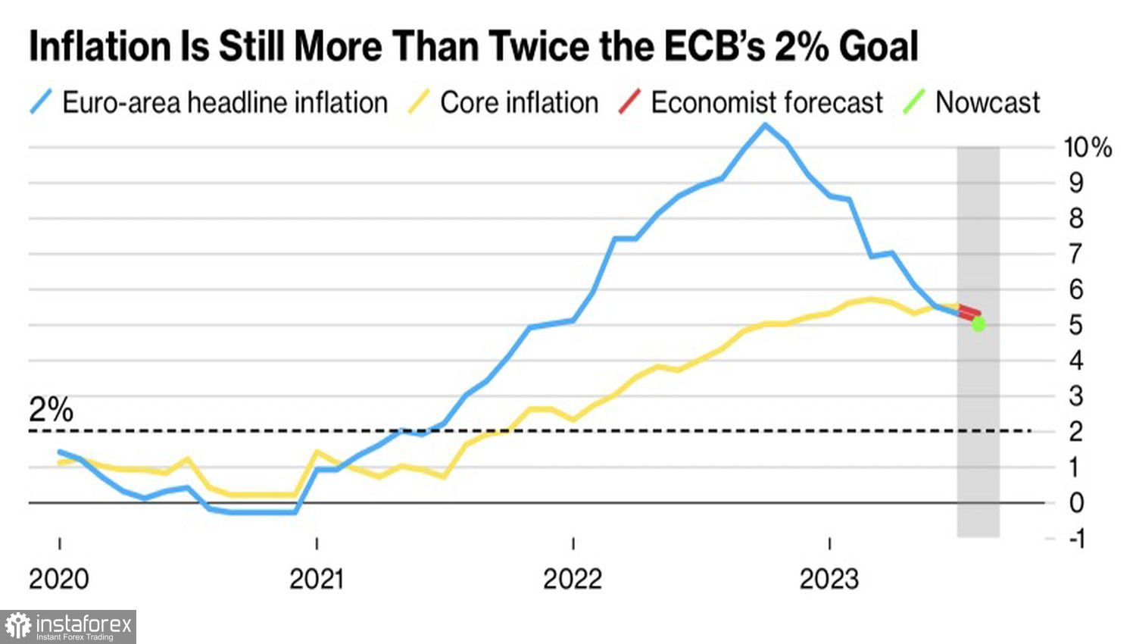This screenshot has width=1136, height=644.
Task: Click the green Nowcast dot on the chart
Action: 978,324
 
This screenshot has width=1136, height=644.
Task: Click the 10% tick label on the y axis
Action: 1088,147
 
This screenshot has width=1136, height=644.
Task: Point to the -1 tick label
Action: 1075,539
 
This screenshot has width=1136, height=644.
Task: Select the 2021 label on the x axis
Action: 317,580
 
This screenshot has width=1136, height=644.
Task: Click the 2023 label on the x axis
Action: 829,580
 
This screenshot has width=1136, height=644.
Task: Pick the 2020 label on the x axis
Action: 59,580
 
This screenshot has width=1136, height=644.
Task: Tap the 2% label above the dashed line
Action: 51,410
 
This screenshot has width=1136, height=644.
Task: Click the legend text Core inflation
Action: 519,103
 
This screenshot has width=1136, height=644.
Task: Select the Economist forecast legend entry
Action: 766,103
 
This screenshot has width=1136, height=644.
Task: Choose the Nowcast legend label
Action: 988,103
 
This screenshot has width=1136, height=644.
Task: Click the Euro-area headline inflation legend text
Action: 225,103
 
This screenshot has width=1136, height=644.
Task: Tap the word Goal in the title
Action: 878,47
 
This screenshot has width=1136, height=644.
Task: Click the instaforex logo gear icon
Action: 18,627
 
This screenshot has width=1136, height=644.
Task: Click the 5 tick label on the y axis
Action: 1075,325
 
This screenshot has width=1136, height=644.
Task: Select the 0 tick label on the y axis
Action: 1075,503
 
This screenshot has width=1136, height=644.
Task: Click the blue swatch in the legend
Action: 42,102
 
